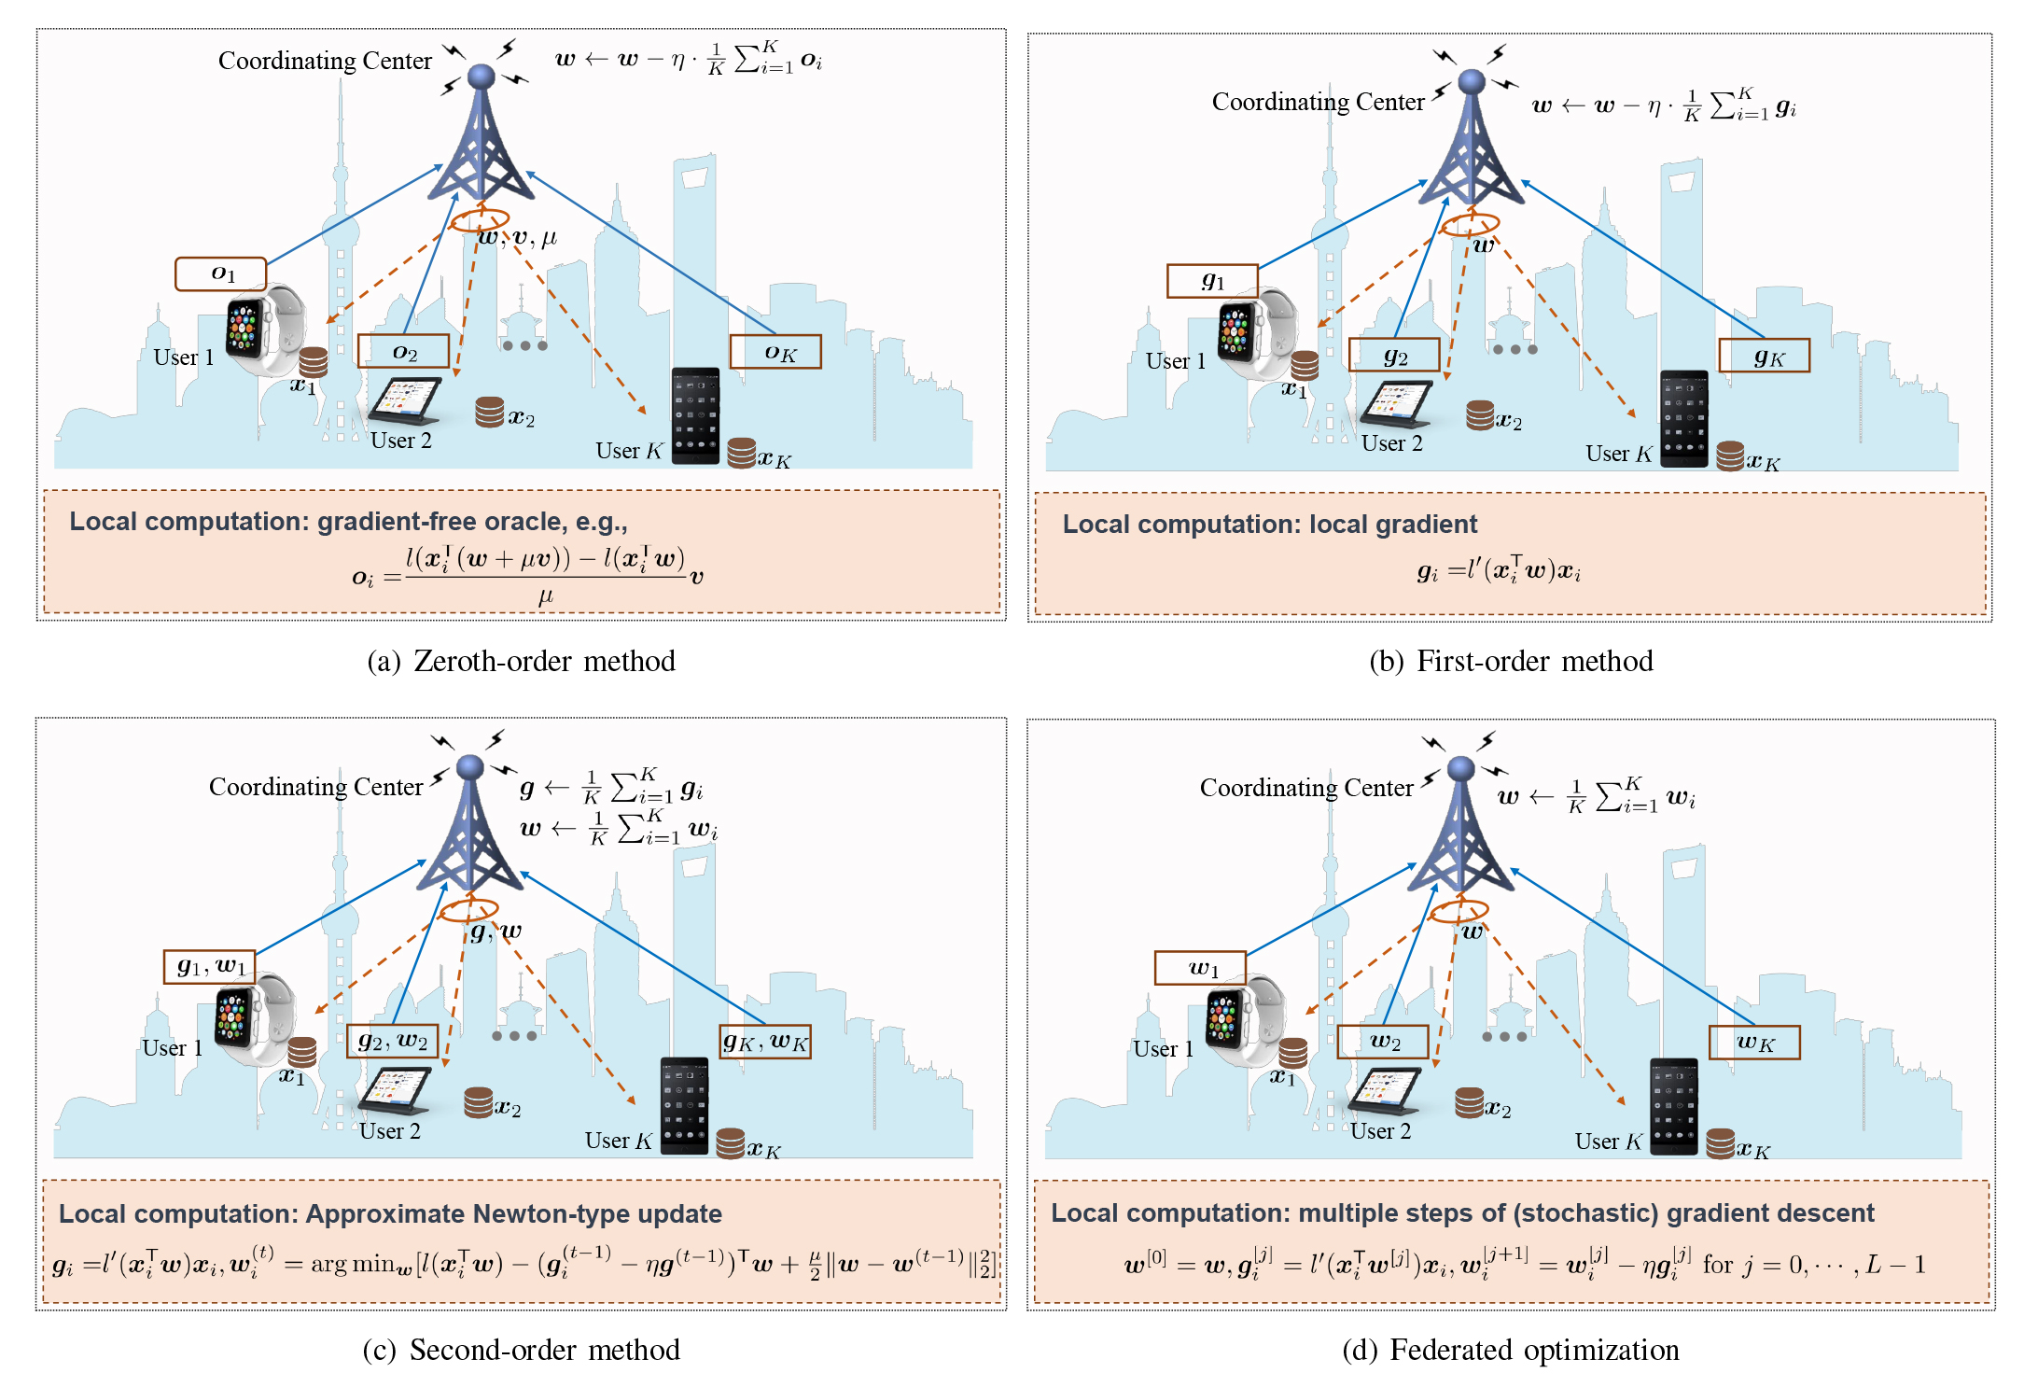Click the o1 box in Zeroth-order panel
point(221,273)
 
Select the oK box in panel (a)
point(775,352)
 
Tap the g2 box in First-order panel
point(1394,356)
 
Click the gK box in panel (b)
point(1764,356)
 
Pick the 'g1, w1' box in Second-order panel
point(210,966)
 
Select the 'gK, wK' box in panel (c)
point(765,1042)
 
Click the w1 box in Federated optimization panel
point(1200,968)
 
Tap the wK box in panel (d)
point(1753,1042)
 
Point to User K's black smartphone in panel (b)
point(1683,418)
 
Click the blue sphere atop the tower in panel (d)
point(1460,769)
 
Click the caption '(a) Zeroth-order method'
point(521,661)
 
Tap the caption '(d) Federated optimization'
point(1510,1350)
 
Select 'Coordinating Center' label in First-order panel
point(1318,102)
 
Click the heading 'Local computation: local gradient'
point(1269,525)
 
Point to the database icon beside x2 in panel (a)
point(489,412)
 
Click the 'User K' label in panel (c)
point(618,1141)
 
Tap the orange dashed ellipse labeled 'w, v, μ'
point(480,220)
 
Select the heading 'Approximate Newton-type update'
point(513,1213)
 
